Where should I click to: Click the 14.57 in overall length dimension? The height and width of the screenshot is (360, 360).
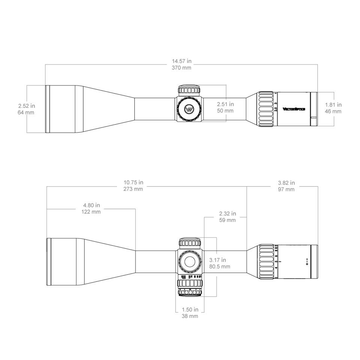(x=181, y=61)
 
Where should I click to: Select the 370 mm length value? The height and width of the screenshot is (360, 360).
(x=181, y=68)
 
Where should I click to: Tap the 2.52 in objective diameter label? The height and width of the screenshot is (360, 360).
(x=26, y=106)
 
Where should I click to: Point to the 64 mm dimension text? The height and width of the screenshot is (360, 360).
(x=26, y=112)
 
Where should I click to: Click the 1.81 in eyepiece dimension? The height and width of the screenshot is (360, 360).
(x=333, y=105)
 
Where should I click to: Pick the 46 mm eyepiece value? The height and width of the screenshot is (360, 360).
(x=333, y=111)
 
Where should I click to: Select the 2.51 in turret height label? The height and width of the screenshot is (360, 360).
(x=225, y=104)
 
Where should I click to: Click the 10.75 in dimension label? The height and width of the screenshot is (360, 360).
(x=133, y=183)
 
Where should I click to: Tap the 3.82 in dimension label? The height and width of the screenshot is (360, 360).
(x=286, y=183)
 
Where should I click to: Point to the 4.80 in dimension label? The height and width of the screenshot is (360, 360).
(x=91, y=205)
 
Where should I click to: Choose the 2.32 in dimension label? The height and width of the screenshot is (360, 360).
(x=228, y=213)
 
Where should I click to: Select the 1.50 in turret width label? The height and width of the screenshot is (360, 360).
(x=190, y=309)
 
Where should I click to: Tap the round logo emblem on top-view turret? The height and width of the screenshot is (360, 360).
(x=190, y=109)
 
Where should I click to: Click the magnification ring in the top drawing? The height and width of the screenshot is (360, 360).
(x=265, y=109)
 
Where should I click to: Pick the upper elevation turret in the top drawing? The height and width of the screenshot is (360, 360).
(x=190, y=90)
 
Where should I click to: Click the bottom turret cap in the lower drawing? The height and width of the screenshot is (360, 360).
(x=190, y=291)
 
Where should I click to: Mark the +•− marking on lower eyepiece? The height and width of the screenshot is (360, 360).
(x=307, y=261)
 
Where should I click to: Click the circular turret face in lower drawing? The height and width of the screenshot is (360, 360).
(x=190, y=261)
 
